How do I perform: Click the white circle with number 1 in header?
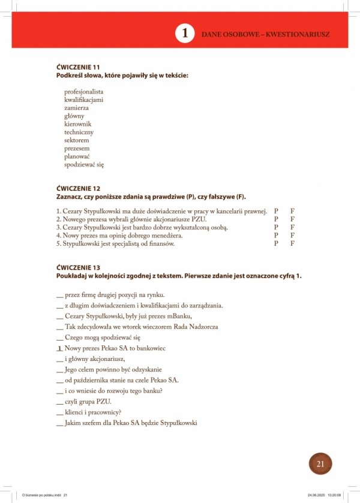(x=185, y=34)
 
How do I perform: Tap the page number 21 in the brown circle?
(x=320, y=463)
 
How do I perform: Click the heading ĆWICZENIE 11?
(x=78, y=67)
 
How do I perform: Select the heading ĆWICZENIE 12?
(x=78, y=189)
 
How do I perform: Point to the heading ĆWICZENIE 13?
(x=78, y=267)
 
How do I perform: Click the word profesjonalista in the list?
(x=83, y=92)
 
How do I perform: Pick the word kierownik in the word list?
(x=78, y=124)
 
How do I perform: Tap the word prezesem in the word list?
(x=77, y=149)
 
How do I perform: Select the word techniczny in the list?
(x=79, y=132)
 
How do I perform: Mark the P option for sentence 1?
(x=276, y=211)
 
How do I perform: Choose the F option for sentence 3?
(x=292, y=228)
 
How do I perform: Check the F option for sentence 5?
(x=292, y=244)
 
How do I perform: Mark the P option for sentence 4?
(x=276, y=236)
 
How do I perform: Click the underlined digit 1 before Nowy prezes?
(x=59, y=348)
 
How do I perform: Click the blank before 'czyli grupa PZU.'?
(x=59, y=401)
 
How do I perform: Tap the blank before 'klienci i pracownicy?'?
(x=59, y=412)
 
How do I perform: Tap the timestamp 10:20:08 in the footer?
(x=334, y=495)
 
